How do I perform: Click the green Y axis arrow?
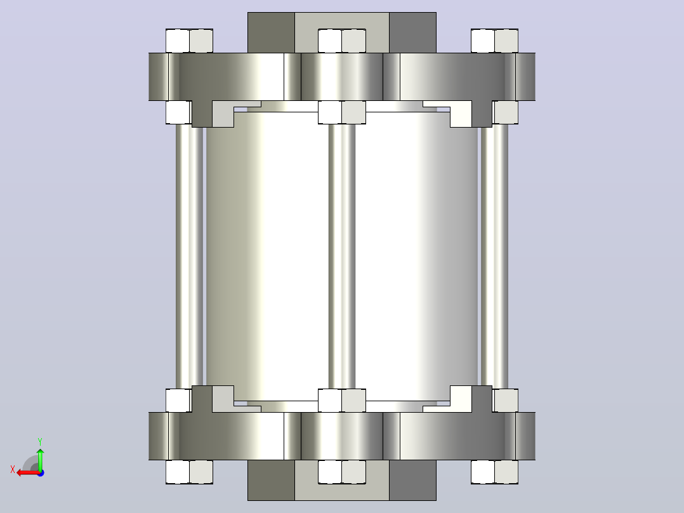pyautogui.click(x=40, y=459)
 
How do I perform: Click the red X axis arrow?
pyautogui.click(x=29, y=473)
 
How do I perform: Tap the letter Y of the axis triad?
pyautogui.click(x=40, y=441)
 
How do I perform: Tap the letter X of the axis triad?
pyautogui.click(x=13, y=469)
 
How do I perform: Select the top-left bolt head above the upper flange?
pyautogui.click(x=189, y=41)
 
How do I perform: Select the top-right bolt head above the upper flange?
pyautogui.click(x=494, y=41)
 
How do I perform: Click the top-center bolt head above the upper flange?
pyautogui.click(x=342, y=41)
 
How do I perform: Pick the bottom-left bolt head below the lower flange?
pyautogui.click(x=189, y=472)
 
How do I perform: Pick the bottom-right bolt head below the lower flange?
pyautogui.click(x=494, y=472)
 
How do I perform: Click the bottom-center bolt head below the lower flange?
pyautogui.click(x=342, y=472)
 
